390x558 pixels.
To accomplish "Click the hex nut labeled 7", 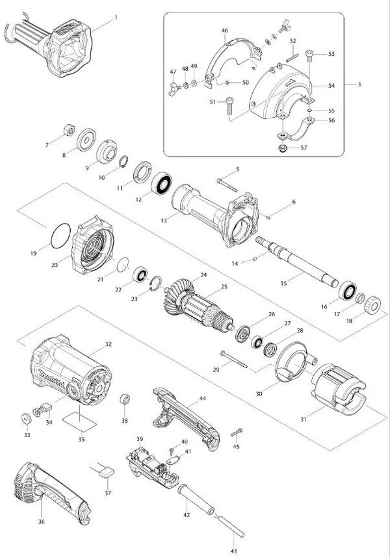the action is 69,130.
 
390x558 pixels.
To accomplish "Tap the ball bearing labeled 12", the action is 161,183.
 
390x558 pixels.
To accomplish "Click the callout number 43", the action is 233,551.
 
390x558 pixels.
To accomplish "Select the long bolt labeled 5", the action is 227,185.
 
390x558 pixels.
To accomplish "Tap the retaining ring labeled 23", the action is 155,283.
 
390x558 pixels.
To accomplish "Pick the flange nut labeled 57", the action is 283,148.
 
